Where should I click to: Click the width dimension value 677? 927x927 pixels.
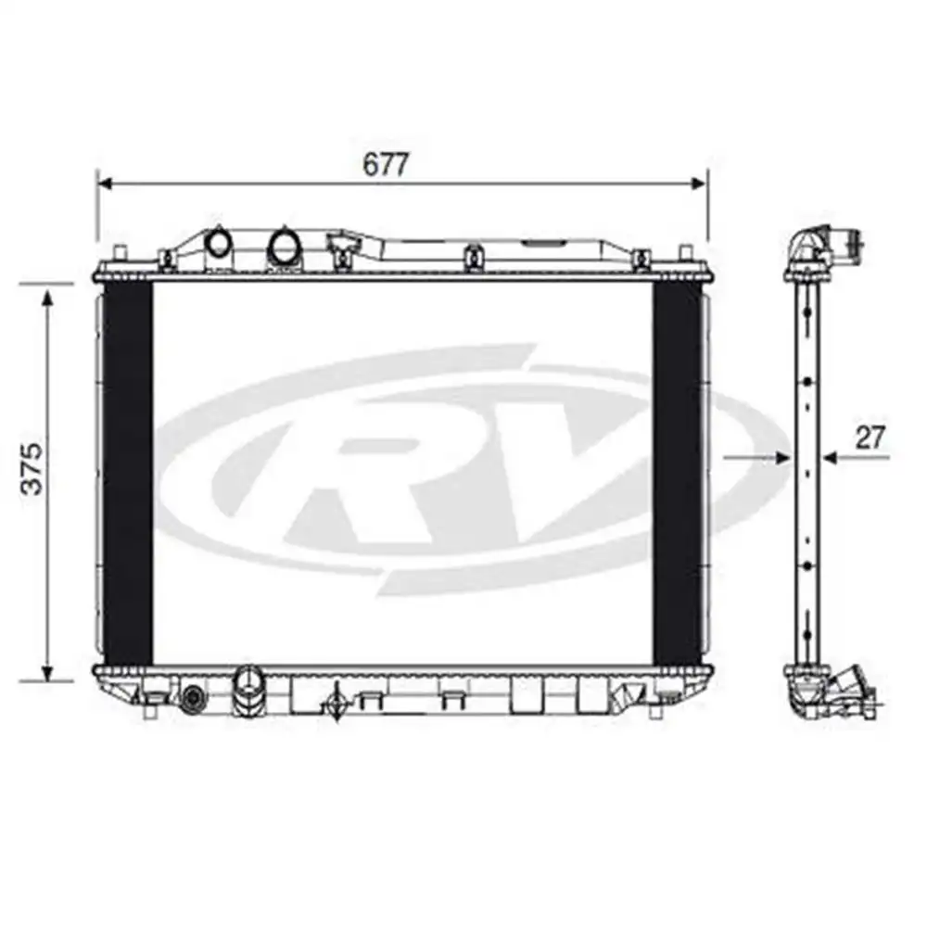(x=385, y=163)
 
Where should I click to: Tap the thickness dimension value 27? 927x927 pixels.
(x=869, y=437)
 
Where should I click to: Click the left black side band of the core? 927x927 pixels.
(x=127, y=473)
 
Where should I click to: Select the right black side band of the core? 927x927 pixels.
(x=677, y=473)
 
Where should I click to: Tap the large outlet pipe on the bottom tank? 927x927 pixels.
(x=248, y=692)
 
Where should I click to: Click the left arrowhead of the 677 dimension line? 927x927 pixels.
(x=105, y=184)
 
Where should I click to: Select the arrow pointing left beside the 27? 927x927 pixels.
(x=830, y=457)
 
